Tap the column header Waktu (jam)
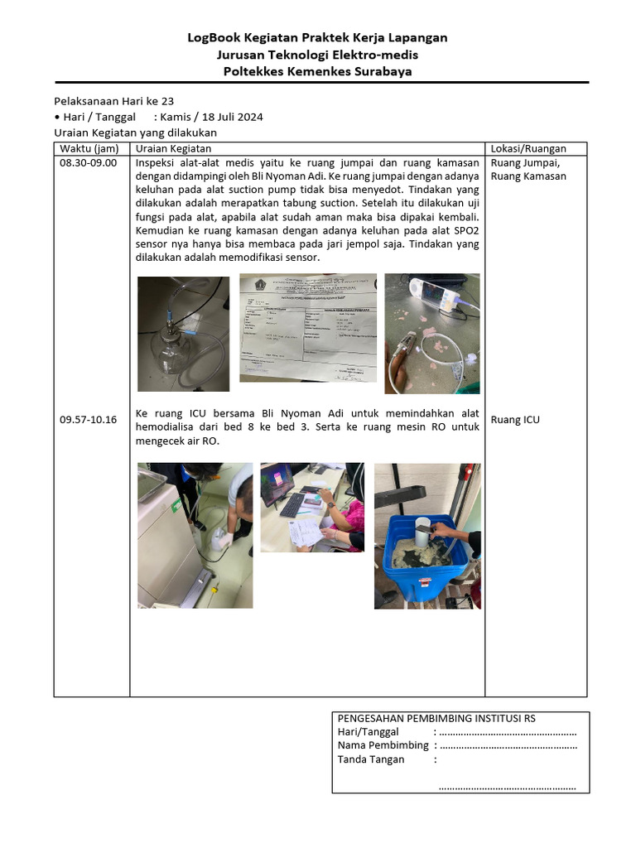click(x=89, y=149)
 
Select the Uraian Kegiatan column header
click(x=173, y=149)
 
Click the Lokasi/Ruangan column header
click(x=528, y=149)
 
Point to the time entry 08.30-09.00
click(x=89, y=163)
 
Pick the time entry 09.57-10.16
click(x=89, y=420)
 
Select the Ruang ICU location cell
click(x=515, y=420)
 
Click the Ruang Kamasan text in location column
click(x=528, y=176)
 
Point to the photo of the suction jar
click(x=183, y=334)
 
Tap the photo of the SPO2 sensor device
click(x=432, y=334)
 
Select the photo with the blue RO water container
click(x=427, y=536)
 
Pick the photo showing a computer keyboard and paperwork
click(x=312, y=507)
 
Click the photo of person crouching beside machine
click(x=195, y=536)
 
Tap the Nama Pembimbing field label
click(x=383, y=745)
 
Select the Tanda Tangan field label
click(x=371, y=759)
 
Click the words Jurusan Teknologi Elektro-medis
click(x=317, y=55)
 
